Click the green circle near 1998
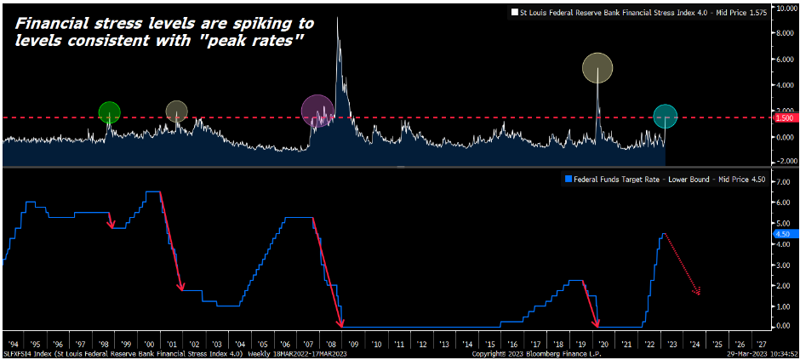[109, 111]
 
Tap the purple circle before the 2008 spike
[317, 111]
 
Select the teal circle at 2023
[665, 117]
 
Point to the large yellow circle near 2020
[597, 67]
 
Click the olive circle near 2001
[176, 111]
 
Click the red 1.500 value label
[784, 117]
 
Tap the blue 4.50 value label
[782, 232]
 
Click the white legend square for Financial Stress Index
[513, 12]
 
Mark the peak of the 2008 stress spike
[338, 19]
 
